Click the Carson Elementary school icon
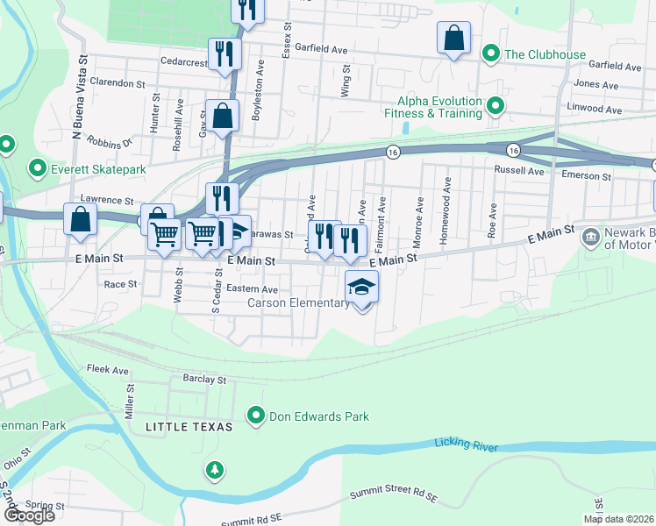point(361,288)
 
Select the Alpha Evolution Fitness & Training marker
point(496,106)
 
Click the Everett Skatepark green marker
point(38,167)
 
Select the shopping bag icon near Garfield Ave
point(453,39)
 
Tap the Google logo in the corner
point(28,515)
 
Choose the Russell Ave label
point(520,169)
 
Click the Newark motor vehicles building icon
point(590,236)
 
